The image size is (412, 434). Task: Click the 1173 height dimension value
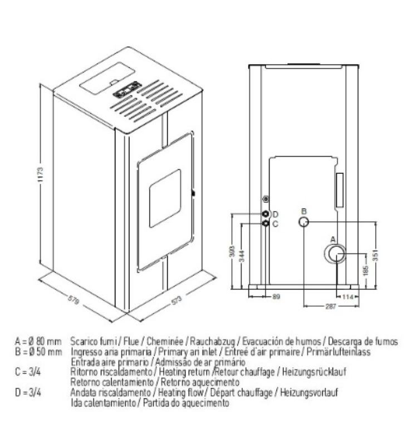[x=41, y=174]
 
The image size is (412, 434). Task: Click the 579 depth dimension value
[x=73, y=300]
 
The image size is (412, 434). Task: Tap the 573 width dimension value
[x=176, y=301]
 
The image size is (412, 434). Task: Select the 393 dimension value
[x=232, y=251]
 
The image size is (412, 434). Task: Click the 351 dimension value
[x=375, y=255]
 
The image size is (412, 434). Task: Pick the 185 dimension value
[x=366, y=270]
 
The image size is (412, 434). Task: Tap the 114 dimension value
[x=347, y=297]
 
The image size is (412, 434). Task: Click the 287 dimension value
[x=331, y=306]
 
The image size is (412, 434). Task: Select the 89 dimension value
[x=276, y=297]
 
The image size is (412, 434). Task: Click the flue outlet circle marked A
[x=335, y=254]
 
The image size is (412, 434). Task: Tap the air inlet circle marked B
[x=303, y=222]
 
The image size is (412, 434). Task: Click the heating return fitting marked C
[x=266, y=223]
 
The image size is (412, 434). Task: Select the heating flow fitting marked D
[x=266, y=214]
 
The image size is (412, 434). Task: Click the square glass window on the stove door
[x=165, y=198]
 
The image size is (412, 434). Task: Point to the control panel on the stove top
[x=127, y=89]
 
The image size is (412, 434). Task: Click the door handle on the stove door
[x=193, y=193]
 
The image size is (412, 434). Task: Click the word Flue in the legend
[x=131, y=342]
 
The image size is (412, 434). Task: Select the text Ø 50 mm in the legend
[x=46, y=352]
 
